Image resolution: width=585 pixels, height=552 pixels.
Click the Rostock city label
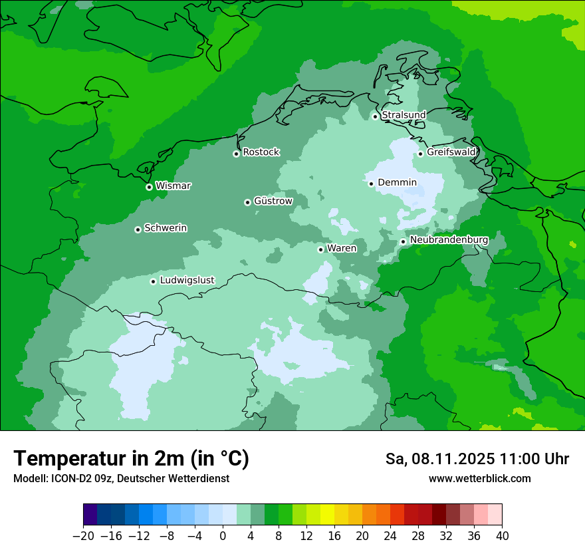pos(261,152)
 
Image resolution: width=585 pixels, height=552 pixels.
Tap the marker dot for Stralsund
pos(375,116)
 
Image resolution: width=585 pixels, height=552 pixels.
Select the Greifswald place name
pos(451,152)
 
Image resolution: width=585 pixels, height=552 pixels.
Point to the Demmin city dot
pos(371,184)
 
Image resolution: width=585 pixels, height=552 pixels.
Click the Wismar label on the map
pos(173,186)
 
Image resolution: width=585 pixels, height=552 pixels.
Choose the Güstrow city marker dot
pos(247,202)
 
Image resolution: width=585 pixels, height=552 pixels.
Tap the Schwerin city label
pos(166,228)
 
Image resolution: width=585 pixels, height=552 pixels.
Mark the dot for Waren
pos(320,249)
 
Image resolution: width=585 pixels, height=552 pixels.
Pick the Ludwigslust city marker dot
pos(153,281)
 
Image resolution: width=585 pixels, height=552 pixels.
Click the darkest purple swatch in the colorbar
pos(90,515)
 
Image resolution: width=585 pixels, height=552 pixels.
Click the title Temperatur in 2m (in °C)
pos(131,458)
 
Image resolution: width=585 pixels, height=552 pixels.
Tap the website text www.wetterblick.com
pos(479,478)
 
